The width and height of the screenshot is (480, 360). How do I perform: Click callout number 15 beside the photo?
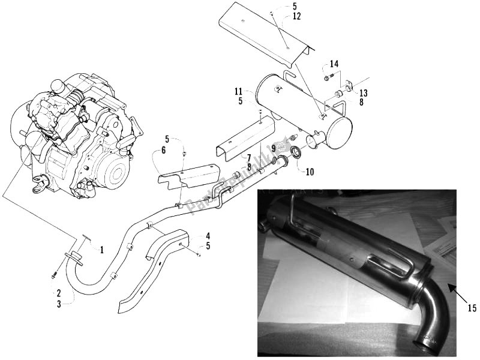point(472,308)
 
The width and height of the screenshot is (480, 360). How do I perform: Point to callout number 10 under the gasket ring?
point(310,172)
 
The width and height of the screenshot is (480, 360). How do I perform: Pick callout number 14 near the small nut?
point(334,64)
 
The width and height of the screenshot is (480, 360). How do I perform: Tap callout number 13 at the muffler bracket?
point(363,93)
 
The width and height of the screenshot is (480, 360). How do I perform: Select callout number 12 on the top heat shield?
point(296,16)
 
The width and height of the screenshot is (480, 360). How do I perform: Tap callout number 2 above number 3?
point(59,293)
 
